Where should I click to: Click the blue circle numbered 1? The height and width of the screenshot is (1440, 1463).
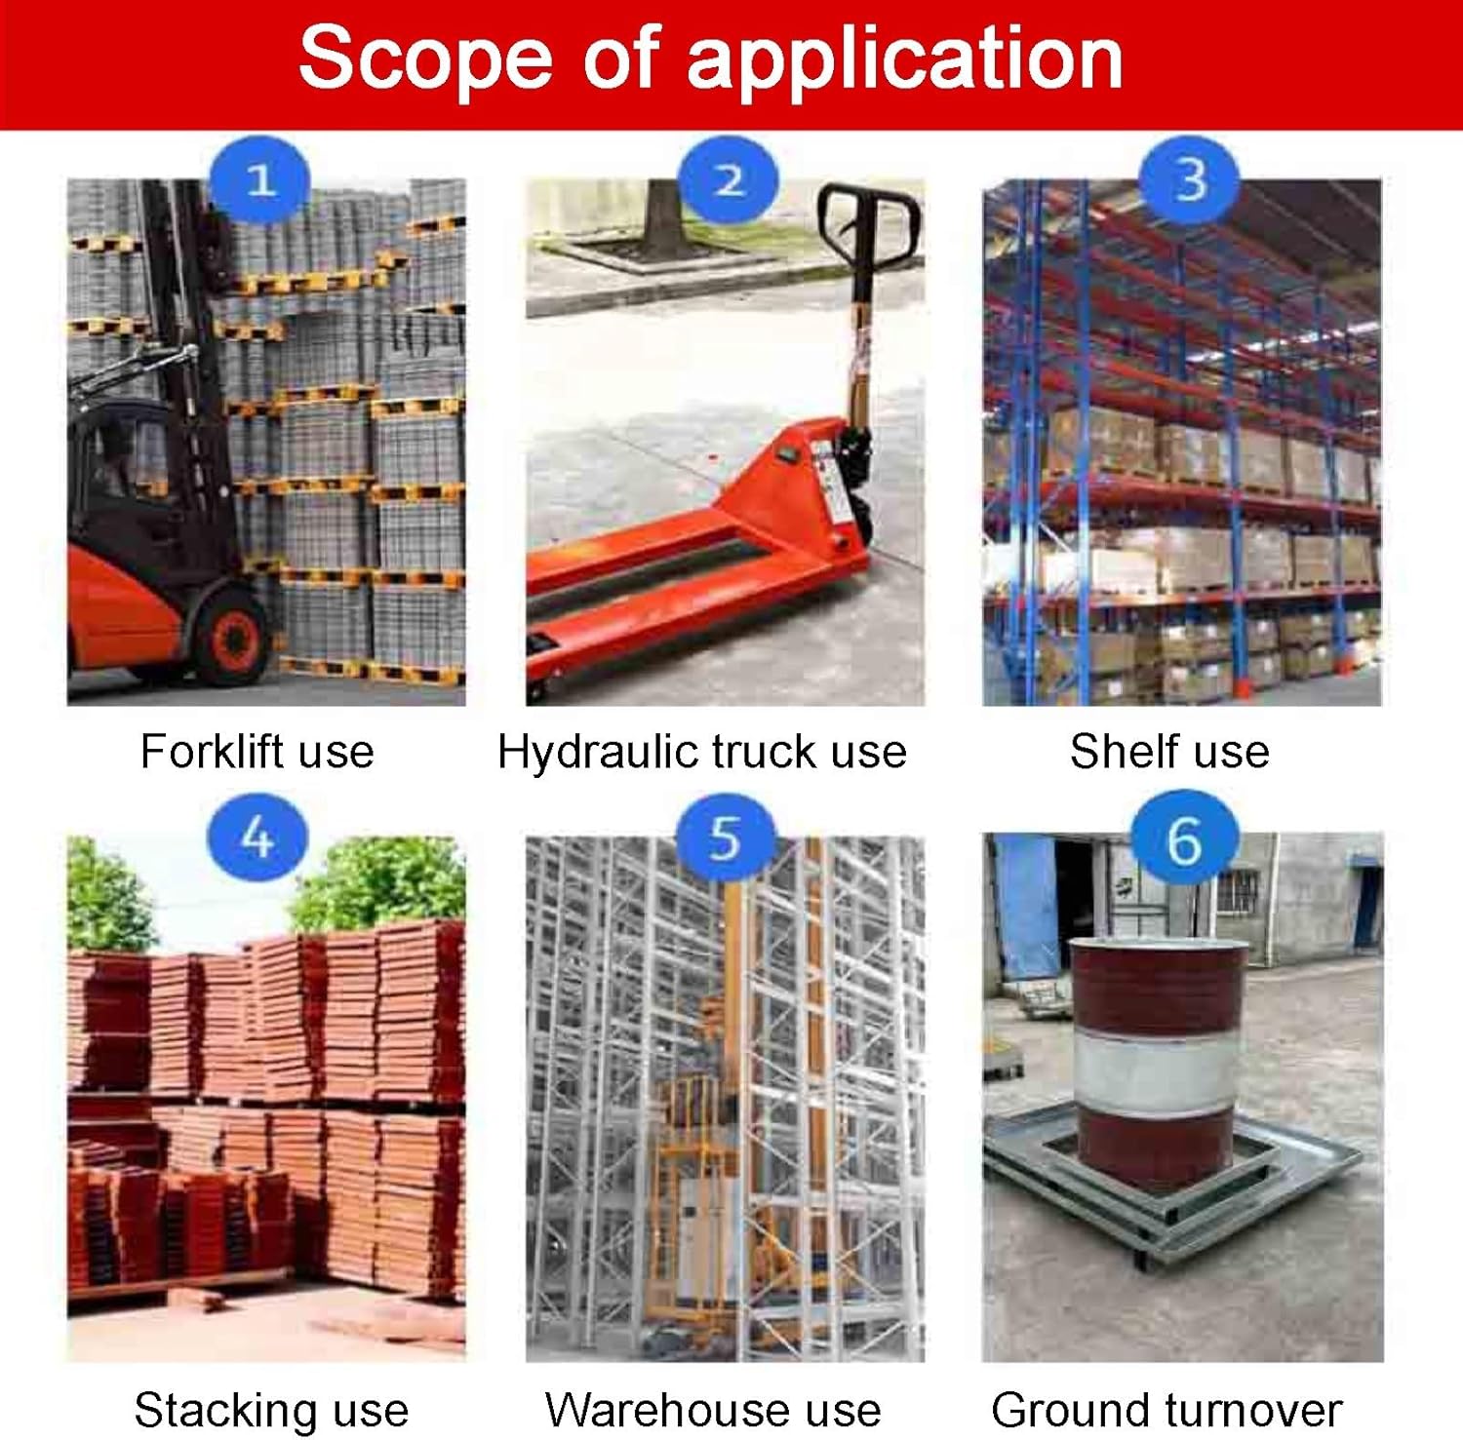259,180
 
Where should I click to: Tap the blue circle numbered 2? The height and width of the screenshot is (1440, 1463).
730,180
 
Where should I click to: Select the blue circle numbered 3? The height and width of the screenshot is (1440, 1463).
1190,180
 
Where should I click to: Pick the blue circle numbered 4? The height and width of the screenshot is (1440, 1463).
257,837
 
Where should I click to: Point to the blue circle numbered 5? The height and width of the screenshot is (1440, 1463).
726,837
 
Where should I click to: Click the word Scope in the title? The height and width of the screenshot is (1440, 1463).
425,58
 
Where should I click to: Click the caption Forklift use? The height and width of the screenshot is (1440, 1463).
257,752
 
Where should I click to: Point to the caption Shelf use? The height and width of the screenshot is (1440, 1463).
1169,752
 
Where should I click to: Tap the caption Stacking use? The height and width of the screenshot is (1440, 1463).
271,1410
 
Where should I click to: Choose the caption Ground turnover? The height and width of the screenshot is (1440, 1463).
1166,1410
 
